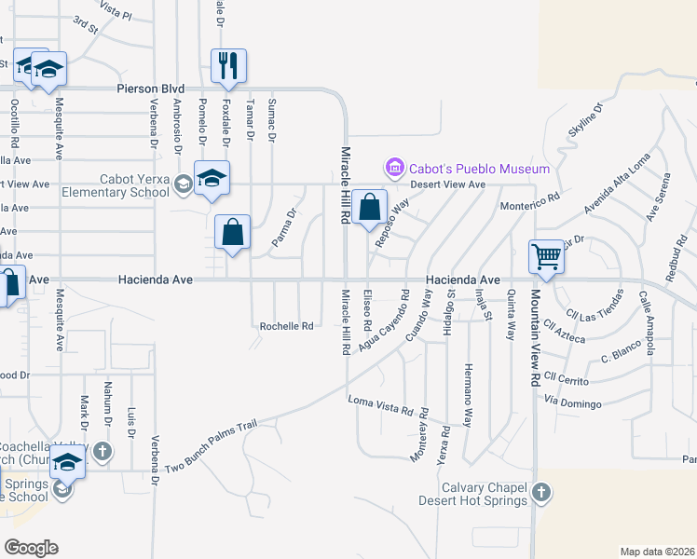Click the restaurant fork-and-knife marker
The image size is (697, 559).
tap(228, 65)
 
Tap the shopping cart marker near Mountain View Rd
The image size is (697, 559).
tap(545, 256)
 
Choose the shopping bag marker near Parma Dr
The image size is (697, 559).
tap(232, 233)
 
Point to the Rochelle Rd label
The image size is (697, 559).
tap(285, 326)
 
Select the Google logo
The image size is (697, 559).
tap(31, 548)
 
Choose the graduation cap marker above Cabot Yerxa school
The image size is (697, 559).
tap(212, 178)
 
